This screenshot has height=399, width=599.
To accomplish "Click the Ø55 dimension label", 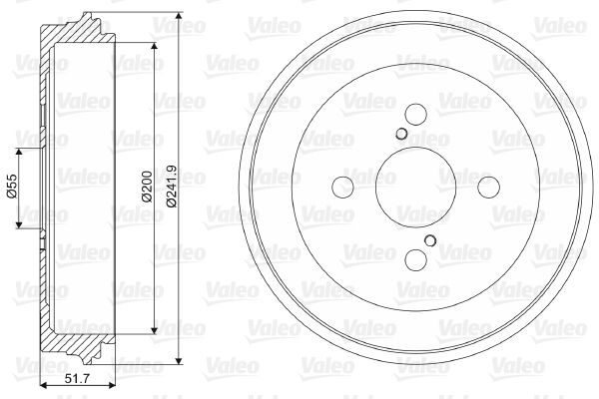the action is pyautogui.click(x=12, y=186).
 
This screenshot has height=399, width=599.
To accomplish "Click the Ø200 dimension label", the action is pyautogui.click(x=147, y=186).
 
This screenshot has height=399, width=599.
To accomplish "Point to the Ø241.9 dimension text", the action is pyautogui.click(x=172, y=186).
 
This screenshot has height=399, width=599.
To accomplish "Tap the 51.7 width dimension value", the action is pyautogui.click(x=77, y=379).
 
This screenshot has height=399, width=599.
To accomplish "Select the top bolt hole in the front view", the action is pyautogui.click(x=415, y=114).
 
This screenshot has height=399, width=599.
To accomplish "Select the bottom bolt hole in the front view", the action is pyautogui.click(x=415, y=259).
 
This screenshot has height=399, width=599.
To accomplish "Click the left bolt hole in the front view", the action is pyautogui.click(x=343, y=188).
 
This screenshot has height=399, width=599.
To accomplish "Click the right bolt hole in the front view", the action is pyautogui.click(x=488, y=188).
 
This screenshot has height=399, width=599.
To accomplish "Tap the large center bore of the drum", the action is pyautogui.click(x=415, y=188).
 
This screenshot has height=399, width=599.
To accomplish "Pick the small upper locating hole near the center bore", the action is pyautogui.click(x=401, y=134).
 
